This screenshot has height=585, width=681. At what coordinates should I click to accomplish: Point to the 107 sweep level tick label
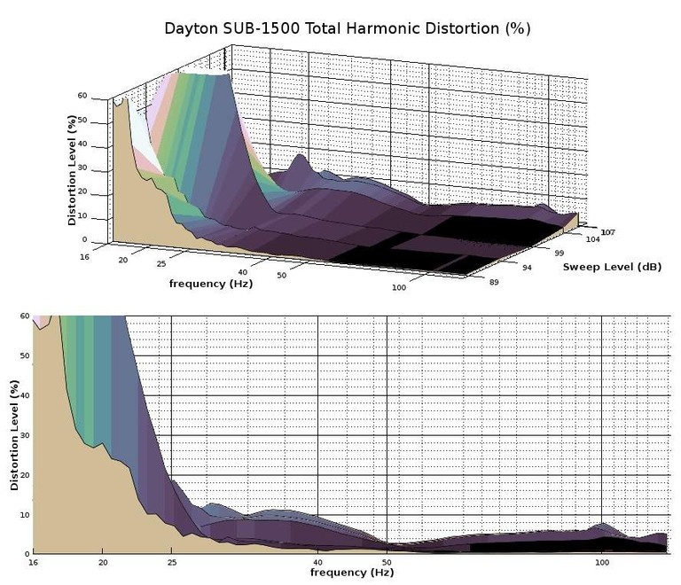click(x=608, y=232)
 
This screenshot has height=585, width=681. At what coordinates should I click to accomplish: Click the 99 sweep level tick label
click(x=559, y=253)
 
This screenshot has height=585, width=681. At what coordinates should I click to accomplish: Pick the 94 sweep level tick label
click(x=526, y=268)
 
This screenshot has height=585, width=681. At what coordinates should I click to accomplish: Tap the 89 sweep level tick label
click(x=493, y=282)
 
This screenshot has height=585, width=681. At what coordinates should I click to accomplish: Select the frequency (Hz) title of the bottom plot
click(x=352, y=573)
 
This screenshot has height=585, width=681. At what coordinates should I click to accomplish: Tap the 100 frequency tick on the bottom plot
click(x=602, y=563)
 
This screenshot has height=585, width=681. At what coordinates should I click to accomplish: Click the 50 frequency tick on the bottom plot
click(x=387, y=563)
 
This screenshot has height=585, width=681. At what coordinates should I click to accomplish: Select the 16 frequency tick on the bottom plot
click(x=34, y=563)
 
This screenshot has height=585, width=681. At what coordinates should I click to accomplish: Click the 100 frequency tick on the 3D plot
click(x=399, y=288)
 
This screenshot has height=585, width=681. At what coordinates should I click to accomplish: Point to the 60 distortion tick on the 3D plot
click(x=82, y=96)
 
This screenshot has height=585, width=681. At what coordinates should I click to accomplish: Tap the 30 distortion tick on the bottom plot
click(x=23, y=435)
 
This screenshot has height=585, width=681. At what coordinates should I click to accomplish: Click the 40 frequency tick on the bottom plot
click(x=317, y=563)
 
